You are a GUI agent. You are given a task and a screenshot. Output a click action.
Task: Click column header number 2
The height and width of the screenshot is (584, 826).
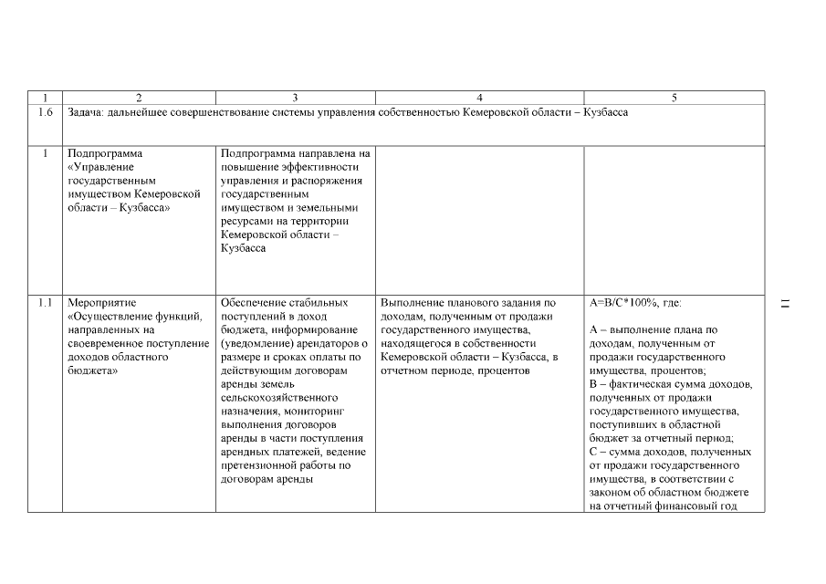click(x=139, y=98)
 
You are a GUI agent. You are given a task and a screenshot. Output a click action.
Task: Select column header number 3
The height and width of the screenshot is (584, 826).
click(x=295, y=98)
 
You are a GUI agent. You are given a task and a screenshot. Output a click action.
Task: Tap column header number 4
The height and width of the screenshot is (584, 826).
click(x=479, y=98)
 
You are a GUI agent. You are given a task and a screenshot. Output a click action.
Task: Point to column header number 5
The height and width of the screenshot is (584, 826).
click(x=674, y=98)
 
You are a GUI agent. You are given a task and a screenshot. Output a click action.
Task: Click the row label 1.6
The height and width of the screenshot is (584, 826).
click(x=46, y=112)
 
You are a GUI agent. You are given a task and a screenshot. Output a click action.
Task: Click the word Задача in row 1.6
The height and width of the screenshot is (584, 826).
click(x=85, y=112)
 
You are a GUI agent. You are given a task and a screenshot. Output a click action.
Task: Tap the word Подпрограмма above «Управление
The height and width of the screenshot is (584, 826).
click(x=105, y=153)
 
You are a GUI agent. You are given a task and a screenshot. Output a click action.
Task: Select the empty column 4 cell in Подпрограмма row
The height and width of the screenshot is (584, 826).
click(x=479, y=219)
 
